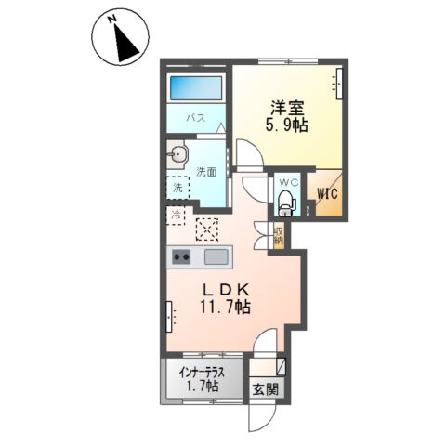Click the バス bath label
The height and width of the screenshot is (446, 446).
click(x=197, y=119)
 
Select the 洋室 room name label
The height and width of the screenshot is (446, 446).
click(x=285, y=107)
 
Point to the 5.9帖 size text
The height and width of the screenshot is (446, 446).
click(x=286, y=125)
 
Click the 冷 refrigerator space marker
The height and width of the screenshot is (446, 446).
click(x=177, y=216)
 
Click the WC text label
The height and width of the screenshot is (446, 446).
click(x=287, y=182)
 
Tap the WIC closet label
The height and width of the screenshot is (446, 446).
click(x=327, y=193)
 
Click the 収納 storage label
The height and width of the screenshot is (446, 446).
click(x=279, y=236)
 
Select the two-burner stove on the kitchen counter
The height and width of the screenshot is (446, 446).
click(x=179, y=257)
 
